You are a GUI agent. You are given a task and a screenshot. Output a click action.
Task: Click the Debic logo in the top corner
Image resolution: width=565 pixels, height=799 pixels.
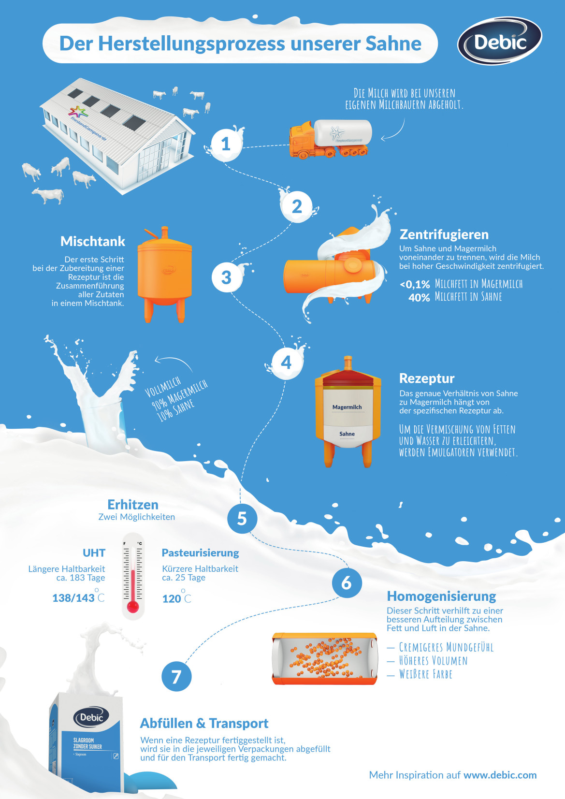coord(499,41)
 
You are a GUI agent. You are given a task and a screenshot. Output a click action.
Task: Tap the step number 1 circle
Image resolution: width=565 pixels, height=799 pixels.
coord(226,145)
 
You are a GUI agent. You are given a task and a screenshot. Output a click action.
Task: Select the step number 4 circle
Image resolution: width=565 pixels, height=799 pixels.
coord(287,363)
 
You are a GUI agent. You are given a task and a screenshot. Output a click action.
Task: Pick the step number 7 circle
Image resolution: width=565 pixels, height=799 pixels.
coord(176,677)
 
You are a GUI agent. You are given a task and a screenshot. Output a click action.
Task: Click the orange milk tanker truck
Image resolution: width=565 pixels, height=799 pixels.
coord(330,139)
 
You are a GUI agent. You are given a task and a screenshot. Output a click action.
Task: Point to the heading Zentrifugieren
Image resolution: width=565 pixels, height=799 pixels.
coord(444,234)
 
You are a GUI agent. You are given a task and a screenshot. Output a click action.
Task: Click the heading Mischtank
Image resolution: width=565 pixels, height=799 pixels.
coord(93,241)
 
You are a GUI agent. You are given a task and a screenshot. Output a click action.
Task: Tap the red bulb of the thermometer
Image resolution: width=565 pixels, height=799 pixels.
coord(133,607)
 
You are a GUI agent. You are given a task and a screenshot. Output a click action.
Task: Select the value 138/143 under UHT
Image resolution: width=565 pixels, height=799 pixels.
coord(73,598)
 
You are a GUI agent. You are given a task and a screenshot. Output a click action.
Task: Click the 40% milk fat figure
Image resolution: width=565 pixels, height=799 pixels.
coord(419,297)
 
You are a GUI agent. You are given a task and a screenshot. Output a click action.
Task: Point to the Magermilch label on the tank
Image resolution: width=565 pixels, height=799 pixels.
coord(347,407)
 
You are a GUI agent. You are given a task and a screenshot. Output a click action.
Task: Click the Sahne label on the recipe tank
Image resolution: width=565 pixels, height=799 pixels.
coord(347,434)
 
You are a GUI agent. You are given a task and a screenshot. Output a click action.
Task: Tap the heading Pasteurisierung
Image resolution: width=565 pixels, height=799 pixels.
coord(201,553)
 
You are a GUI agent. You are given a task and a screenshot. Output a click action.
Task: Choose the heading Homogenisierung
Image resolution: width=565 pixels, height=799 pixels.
coord(442,596)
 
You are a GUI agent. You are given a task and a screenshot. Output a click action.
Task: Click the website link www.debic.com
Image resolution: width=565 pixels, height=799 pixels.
coord(500,775)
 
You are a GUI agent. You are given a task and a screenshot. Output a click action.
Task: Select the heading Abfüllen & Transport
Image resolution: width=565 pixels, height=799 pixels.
coord(204,723)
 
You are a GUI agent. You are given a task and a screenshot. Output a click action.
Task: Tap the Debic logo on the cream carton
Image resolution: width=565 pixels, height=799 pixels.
coord(91,717)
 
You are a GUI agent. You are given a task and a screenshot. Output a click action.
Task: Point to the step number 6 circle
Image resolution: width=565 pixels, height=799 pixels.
coord(347,583)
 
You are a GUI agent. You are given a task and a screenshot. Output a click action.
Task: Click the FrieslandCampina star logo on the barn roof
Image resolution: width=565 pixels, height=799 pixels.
coord(78,111)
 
